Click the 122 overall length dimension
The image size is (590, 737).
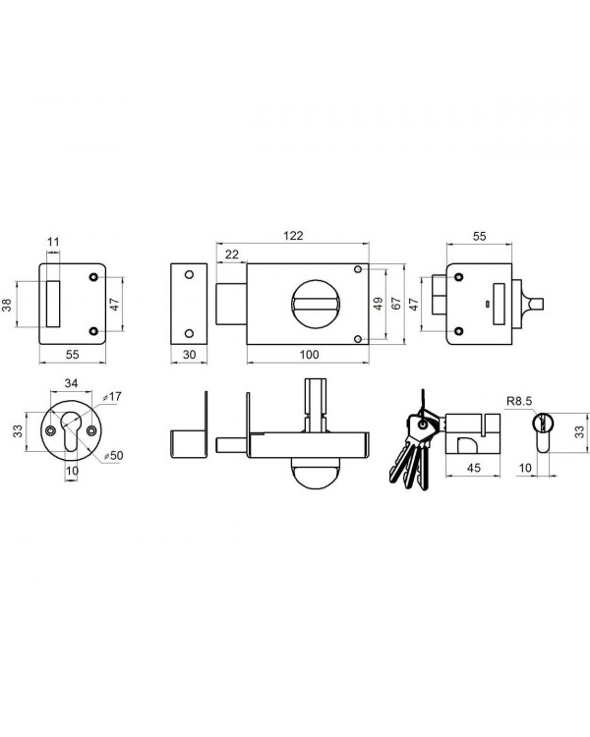click(x=293, y=235)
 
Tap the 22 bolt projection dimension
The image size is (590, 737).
click(x=231, y=255)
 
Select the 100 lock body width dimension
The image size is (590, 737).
click(x=309, y=355)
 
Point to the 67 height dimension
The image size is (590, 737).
click(x=396, y=304)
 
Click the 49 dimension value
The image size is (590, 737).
click(x=378, y=304)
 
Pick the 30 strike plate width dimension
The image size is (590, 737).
click(x=189, y=355)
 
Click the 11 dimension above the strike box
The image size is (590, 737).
click(x=54, y=242)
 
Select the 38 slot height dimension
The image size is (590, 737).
click(x=7, y=304)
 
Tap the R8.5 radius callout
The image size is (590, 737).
click(x=519, y=401)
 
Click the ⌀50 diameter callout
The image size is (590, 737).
click(x=113, y=455)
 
